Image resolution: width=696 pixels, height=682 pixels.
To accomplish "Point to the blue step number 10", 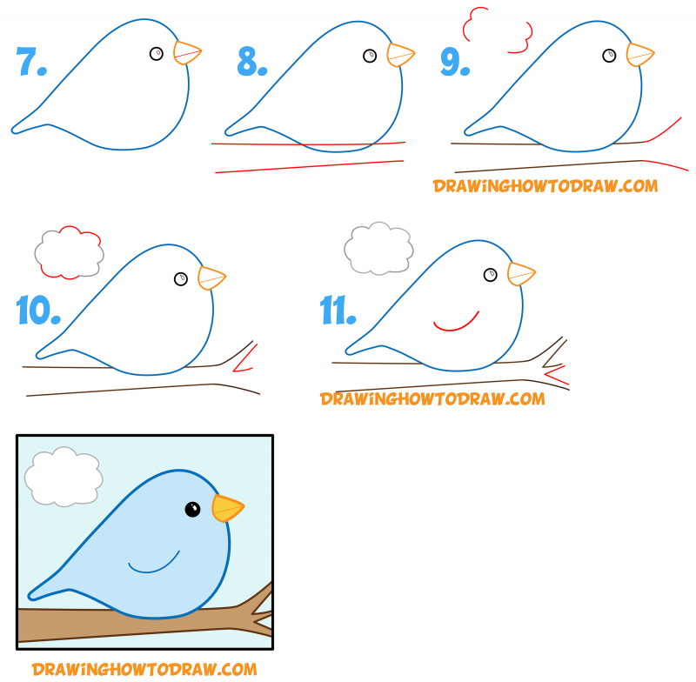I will point(37,310).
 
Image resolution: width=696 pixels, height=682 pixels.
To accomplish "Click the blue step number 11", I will point(337,310).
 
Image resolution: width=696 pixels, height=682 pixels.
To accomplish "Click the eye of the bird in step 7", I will point(156,54).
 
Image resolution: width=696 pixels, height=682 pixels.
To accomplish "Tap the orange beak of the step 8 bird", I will point(399,54).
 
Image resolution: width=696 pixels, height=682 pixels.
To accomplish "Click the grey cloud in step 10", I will point(68,252).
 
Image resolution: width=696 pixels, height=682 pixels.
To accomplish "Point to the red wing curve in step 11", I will point(456,322).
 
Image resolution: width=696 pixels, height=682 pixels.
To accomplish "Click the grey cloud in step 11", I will point(378,247).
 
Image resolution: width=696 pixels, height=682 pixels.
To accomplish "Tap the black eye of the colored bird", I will point(192,509).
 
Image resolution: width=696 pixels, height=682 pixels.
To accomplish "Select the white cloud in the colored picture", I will point(63,477).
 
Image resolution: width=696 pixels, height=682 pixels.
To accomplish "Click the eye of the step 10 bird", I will point(181,278).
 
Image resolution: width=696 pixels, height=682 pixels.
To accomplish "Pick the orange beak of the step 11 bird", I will point(520,274).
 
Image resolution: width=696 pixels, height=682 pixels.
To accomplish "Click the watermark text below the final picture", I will point(144,669).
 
